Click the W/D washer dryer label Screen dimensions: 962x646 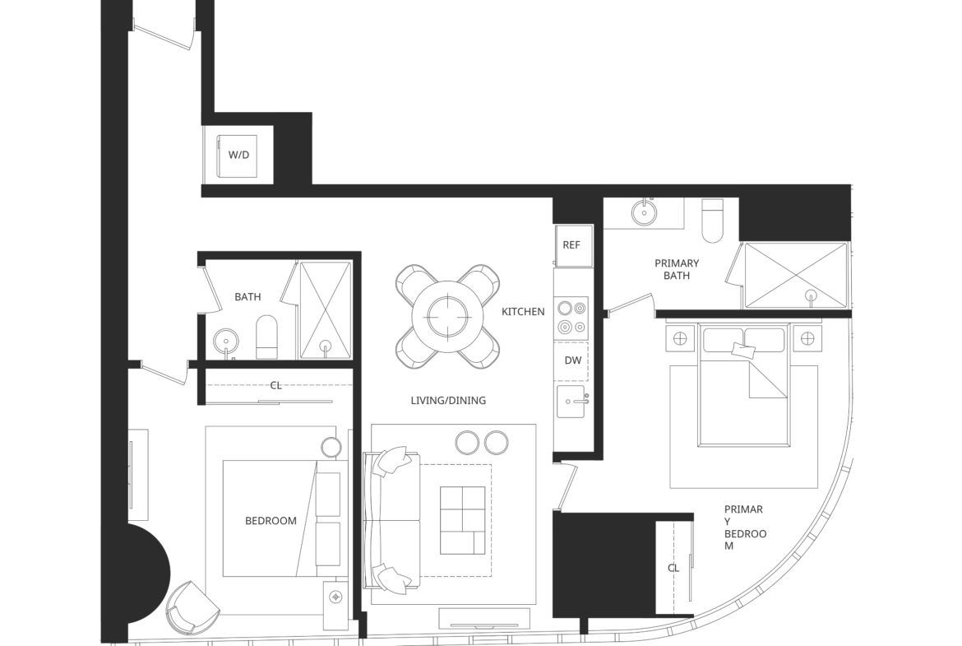click(x=238, y=155)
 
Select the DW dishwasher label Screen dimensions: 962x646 click(x=573, y=360)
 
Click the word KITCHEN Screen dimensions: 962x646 click(x=523, y=311)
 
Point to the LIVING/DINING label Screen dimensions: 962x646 click(x=448, y=401)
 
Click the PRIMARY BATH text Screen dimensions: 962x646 click(x=677, y=269)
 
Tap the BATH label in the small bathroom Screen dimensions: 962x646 click(x=247, y=296)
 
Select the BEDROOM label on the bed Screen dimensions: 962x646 click(x=271, y=521)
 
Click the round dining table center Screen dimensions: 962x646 click(x=448, y=317)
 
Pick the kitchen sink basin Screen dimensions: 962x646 click(x=571, y=402)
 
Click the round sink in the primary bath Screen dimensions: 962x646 click(x=644, y=212)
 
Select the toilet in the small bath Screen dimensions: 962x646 click(x=266, y=337)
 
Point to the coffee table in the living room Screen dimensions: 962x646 click(x=463, y=520)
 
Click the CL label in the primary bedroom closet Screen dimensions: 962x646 click(x=673, y=568)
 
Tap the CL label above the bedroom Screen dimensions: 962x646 click(x=276, y=386)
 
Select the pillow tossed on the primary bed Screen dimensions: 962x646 click(x=743, y=351)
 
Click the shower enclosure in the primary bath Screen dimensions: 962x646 click(x=795, y=275)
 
